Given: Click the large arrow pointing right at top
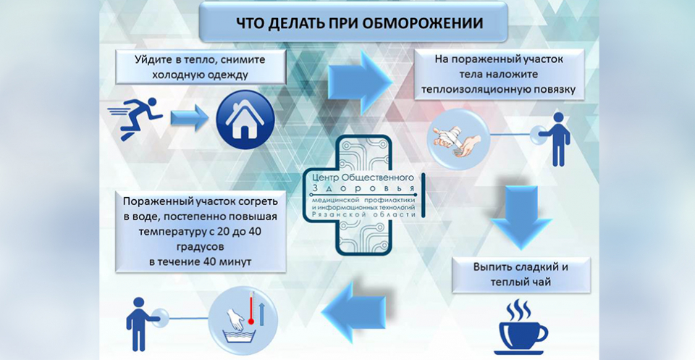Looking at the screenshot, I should tap(358, 75).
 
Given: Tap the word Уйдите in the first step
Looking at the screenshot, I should tap(155, 59).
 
